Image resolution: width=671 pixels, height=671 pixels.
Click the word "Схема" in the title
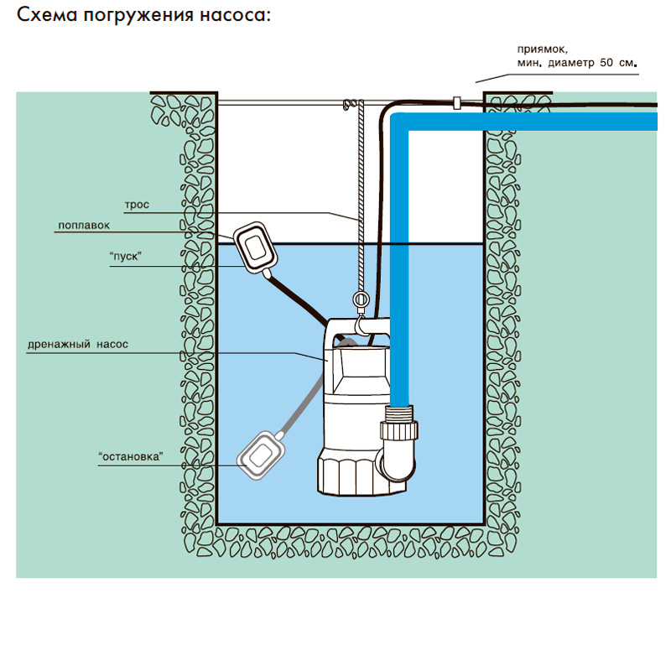pyautogui.click(x=49, y=16)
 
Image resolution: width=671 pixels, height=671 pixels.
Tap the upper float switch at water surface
pyautogui.click(x=253, y=247)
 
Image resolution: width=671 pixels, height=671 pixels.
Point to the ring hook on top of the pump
pyautogui.click(x=362, y=300)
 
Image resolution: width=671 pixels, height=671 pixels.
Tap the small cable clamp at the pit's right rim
pyautogui.click(x=457, y=103)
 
